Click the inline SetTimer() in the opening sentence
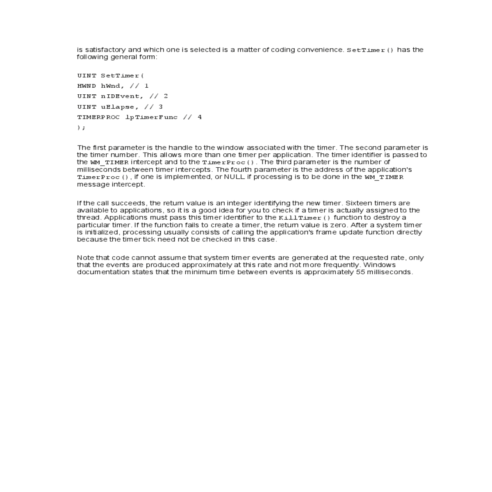[x=370, y=50]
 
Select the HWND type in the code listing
[x=87, y=86]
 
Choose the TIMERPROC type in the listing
[x=98, y=117]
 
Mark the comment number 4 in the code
[x=200, y=117]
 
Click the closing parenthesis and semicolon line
[x=81, y=128]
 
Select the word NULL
[x=235, y=177]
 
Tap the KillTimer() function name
[x=304, y=218]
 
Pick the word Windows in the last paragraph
[x=379, y=265]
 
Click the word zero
[x=338, y=225]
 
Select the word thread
[x=89, y=218]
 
